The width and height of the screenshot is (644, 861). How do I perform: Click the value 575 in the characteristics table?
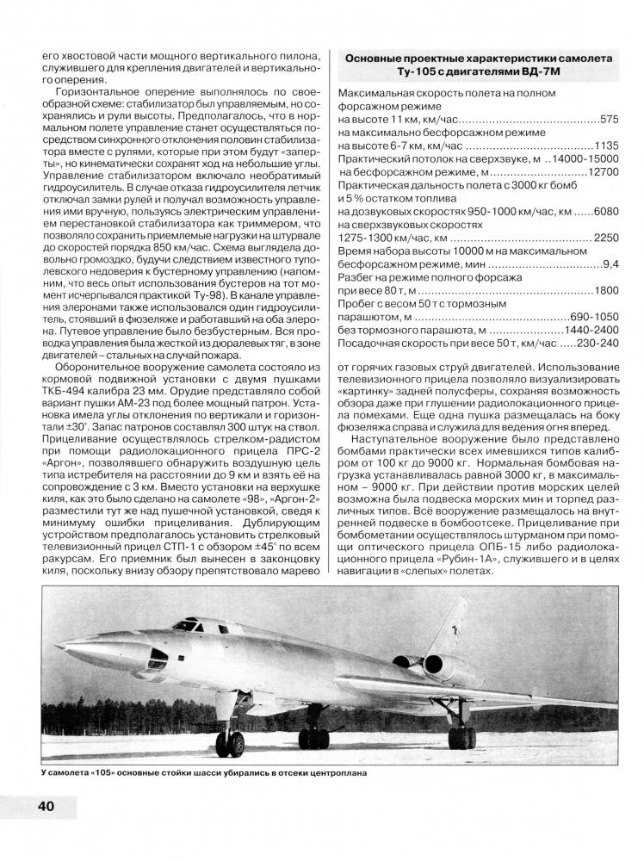(609, 119)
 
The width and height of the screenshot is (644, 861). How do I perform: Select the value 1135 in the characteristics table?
(605, 146)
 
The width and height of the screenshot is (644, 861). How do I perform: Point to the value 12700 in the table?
(602, 172)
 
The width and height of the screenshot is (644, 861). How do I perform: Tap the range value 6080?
(605, 212)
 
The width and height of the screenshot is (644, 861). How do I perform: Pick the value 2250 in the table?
(606, 238)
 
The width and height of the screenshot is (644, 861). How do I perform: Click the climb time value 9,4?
(611, 265)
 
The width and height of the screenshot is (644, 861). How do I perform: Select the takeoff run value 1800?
(606, 291)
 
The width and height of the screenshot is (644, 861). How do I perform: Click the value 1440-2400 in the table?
(591, 331)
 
